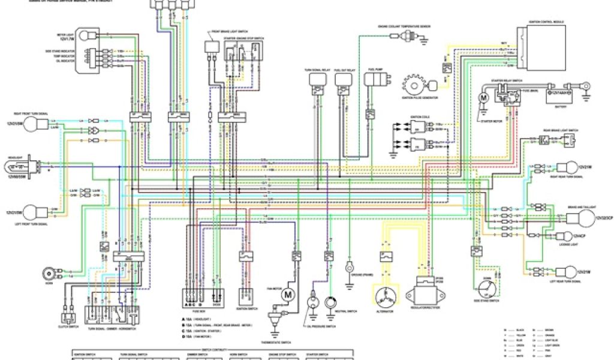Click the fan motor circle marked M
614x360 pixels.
[287, 294]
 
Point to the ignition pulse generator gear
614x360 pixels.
[414, 83]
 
